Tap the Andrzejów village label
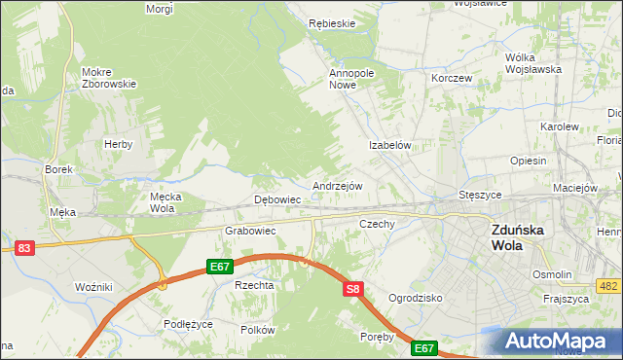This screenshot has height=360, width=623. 338,186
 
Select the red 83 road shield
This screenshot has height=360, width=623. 25,248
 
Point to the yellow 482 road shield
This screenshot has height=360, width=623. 609,284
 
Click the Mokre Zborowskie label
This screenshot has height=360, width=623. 109,78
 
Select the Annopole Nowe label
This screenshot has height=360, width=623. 351,78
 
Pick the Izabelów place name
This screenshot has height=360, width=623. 392,145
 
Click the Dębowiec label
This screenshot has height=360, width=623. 276,199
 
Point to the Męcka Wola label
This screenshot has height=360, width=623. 162,201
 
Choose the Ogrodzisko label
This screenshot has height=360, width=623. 416,297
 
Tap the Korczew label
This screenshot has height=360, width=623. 451,78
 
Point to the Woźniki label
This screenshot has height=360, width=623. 94,287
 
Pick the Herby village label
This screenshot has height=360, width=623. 118,144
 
